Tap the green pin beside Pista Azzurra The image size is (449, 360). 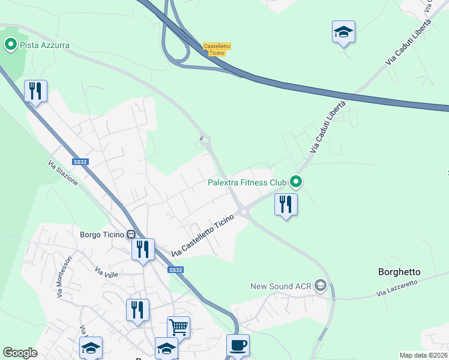coord(10,44)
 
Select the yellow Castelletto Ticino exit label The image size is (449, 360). coord(217,49)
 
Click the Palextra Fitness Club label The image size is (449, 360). coord(247,182)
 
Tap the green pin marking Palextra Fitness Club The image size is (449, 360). coord(295,181)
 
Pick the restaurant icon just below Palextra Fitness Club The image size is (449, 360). coord(286,205)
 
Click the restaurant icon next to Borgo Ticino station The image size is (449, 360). coord(143,250)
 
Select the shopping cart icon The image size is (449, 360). coord(178,328)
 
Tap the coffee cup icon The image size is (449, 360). coord(238,346)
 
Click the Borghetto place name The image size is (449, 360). coord(399,272)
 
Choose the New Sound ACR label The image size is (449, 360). coord(281,287)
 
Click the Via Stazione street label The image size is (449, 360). coord(63,173)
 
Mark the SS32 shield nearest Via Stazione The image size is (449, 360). coord(80,162)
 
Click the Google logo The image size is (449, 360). coord(20,353)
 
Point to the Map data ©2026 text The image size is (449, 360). coord(423,355)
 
